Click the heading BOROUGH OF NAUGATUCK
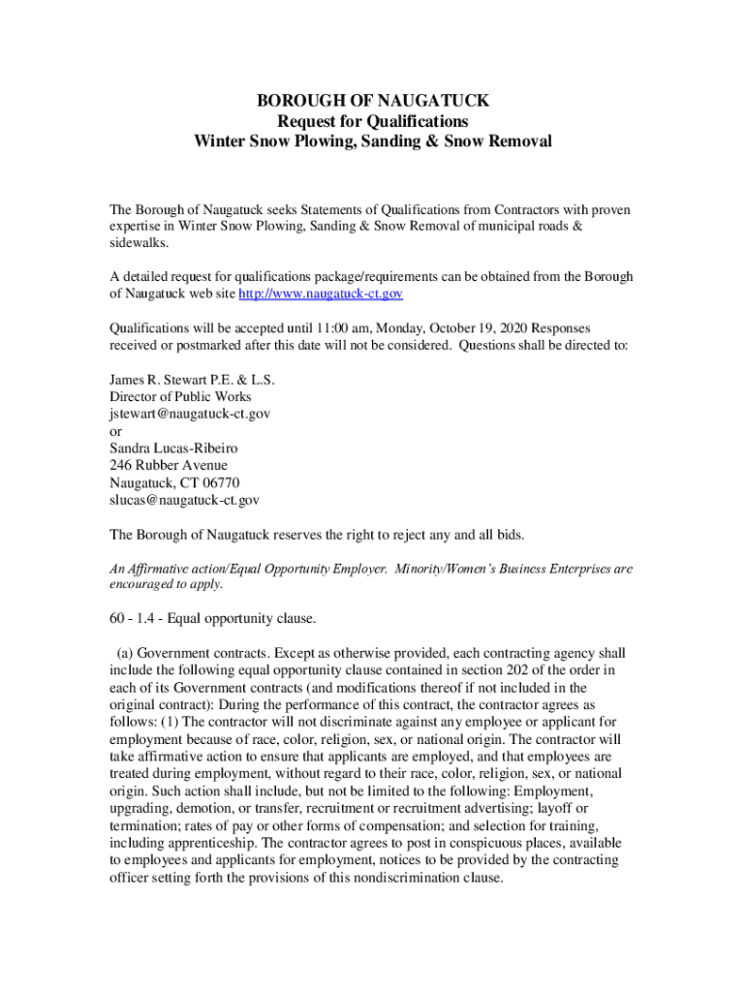click(x=373, y=101)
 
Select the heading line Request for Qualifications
click(x=373, y=121)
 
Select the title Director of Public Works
click(x=180, y=396)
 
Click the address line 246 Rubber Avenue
click(x=169, y=465)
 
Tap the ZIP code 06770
click(x=221, y=482)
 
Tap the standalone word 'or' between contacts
click(x=115, y=431)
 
